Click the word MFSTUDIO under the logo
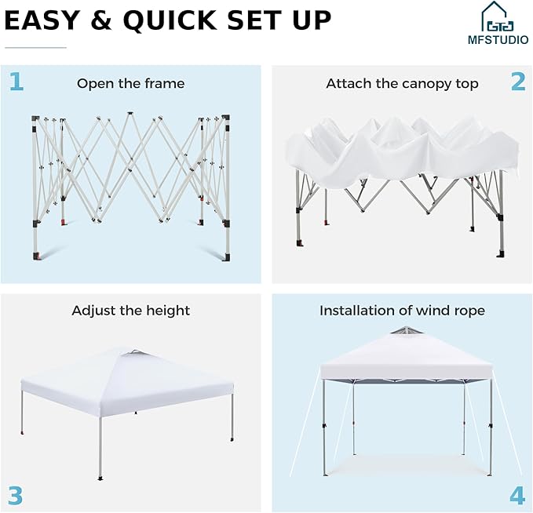[498, 40]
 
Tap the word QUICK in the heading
[170, 20]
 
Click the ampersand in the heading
[101, 20]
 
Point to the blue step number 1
[16, 82]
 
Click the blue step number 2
[518, 82]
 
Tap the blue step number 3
[15, 495]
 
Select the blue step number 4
[517, 495]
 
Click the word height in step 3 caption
[168, 311]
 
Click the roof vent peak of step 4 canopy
[406, 330]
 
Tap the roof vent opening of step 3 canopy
[136, 353]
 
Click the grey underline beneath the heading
[35, 48]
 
